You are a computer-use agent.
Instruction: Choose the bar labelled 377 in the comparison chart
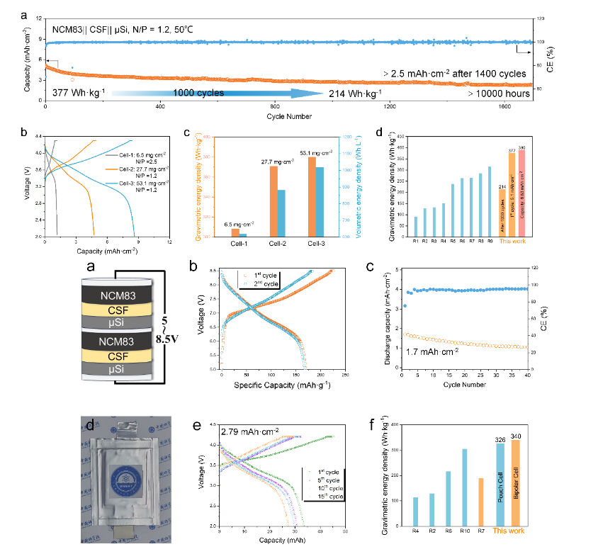click(x=512, y=194)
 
